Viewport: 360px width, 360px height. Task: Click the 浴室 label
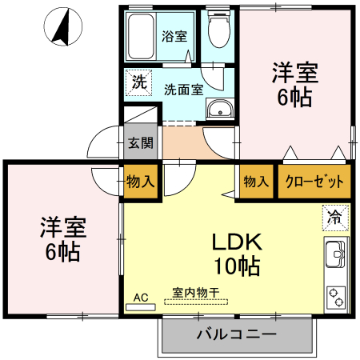point(174,36)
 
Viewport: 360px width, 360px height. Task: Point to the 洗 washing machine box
point(138,81)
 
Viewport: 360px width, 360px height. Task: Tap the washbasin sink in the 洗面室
point(218,110)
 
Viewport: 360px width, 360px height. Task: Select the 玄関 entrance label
point(140,144)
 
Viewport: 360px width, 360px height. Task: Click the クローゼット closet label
point(314,181)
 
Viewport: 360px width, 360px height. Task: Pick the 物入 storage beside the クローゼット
point(256,181)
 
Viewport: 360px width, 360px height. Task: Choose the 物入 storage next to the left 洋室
point(140,181)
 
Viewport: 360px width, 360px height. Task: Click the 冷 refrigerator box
point(336,215)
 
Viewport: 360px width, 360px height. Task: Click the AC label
point(141,298)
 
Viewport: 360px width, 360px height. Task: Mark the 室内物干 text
point(196,293)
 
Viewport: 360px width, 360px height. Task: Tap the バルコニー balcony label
point(236,334)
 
